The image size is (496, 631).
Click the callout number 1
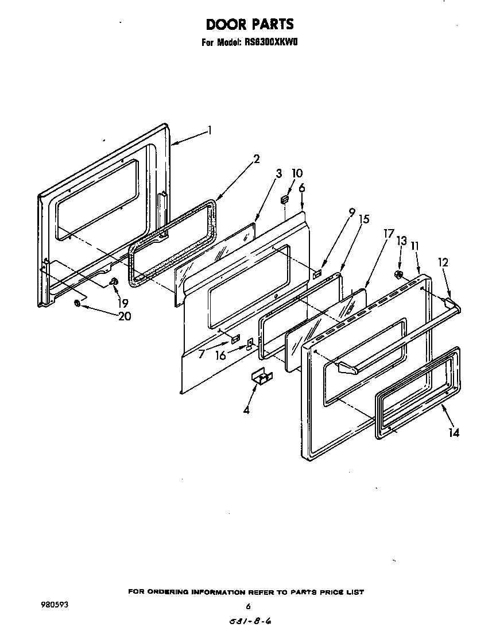click(210, 130)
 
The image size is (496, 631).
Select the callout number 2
click(257, 159)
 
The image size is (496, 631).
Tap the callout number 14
click(454, 433)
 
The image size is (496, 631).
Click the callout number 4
click(246, 411)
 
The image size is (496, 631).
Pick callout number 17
click(389, 234)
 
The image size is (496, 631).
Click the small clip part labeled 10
click(284, 199)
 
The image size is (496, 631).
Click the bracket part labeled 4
click(261, 377)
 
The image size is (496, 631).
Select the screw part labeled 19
click(113, 281)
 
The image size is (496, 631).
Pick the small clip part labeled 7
click(235, 340)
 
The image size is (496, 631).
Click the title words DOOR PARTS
click(249, 24)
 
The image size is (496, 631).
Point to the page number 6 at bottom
click(248, 606)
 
